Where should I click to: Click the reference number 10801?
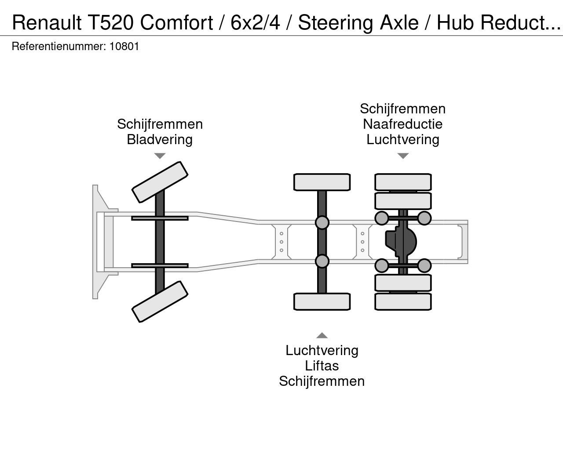tap(124, 46)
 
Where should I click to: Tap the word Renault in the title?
tap(47, 22)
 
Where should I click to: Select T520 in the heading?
tap(111, 22)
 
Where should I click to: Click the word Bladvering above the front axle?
tap(160, 139)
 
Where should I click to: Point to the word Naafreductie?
tap(402, 124)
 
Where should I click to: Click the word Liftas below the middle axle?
tap(322, 366)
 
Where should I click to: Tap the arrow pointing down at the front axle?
tap(160, 156)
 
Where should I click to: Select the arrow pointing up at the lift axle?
tap(322, 335)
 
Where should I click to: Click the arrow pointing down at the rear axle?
tap(403, 156)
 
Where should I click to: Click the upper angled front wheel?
tap(160, 182)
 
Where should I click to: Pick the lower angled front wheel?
tap(160, 301)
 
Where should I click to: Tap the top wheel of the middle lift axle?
tap(322, 182)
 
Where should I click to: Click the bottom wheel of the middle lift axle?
tap(322, 301)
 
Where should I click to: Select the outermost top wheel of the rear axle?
tap(403, 182)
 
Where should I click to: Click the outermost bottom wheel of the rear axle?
tap(403, 301)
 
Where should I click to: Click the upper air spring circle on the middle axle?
tap(322, 222)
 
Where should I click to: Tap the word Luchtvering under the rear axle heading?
tap(402, 139)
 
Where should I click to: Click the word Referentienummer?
tap(59, 46)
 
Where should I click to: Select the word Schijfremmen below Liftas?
tap(322, 381)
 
